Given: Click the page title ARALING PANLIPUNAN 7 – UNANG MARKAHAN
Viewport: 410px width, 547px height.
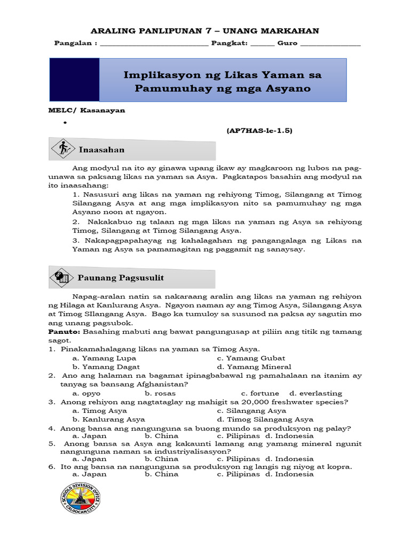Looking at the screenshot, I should [206, 31].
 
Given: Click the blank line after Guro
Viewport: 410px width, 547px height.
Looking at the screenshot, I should [331, 45].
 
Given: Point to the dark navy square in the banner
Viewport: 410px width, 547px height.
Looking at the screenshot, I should [74, 80].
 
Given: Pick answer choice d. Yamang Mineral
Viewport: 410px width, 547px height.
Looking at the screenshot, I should [254, 366].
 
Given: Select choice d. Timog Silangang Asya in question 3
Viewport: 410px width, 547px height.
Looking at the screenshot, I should [265, 419].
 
